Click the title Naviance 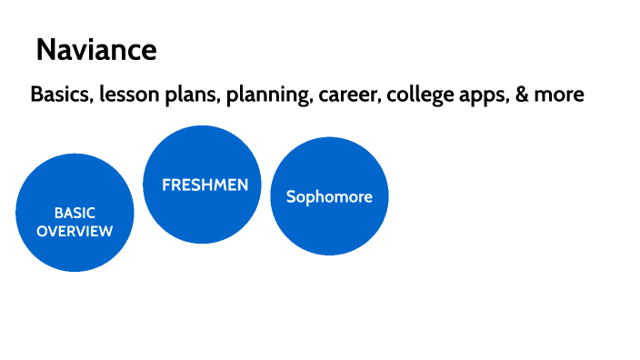tap(96, 50)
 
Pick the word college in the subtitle tap(420, 95)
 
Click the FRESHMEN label tap(205, 185)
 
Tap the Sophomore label tap(329, 197)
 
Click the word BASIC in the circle tap(75, 213)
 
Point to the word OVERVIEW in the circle tap(75, 232)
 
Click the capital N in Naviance tap(46, 50)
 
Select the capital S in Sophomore tap(291, 196)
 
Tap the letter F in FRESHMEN tap(166, 185)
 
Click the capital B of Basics tap(36, 94)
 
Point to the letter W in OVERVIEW tap(105, 232)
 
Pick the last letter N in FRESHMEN tap(243, 185)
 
